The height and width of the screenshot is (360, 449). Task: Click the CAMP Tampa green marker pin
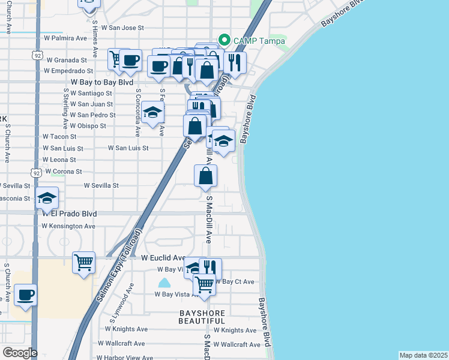[x=224, y=41]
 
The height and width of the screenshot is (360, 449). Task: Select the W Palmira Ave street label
[x=65, y=38]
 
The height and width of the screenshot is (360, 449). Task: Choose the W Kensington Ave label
[x=68, y=226]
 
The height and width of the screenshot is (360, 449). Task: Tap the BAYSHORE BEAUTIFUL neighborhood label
[x=202, y=317]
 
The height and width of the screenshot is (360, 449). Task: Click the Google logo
[x=20, y=353]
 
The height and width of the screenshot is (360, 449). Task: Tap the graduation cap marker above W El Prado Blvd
[x=47, y=198]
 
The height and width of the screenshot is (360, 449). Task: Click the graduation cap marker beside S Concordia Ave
[x=153, y=112]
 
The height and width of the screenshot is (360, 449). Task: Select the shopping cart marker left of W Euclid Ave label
[x=83, y=262]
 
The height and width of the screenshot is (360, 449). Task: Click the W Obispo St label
[x=88, y=126]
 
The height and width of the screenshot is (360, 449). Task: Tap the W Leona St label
[x=59, y=160]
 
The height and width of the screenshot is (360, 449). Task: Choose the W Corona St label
[x=62, y=172]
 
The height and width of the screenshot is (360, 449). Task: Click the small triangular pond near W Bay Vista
[x=164, y=283]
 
